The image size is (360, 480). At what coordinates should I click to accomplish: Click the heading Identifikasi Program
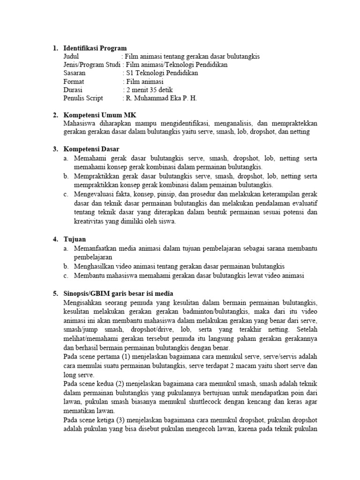click(x=95, y=48)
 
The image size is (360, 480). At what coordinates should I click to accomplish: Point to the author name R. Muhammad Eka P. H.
click(x=160, y=98)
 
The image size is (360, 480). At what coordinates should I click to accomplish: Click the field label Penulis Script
click(x=83, y=98)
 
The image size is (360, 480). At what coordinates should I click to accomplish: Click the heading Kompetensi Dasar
click(x=91, y=149)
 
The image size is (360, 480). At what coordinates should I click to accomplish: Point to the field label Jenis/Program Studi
click(x=91, y=65)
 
